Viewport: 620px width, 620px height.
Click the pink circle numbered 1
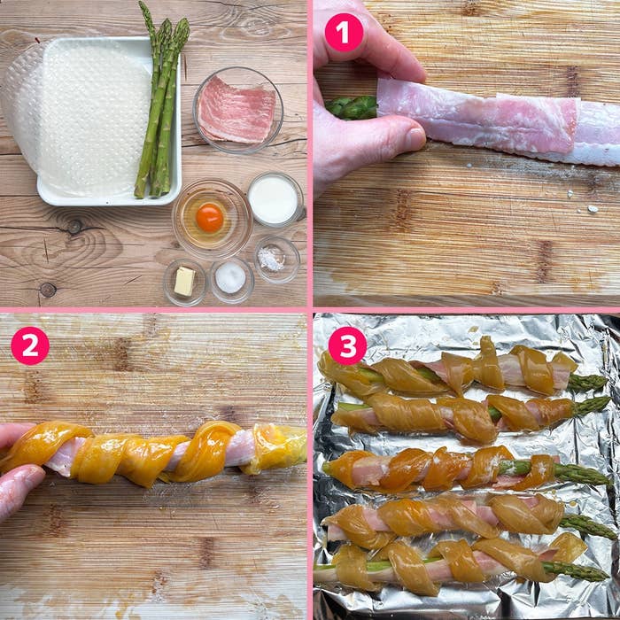[x=344, y=33]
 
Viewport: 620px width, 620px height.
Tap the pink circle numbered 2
[x=30, y=345]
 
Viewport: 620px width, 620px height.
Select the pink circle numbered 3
[x=347, y=345]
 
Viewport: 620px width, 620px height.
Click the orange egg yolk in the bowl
[x=210, y=218]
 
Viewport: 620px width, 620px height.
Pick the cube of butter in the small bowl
[x=184, y=281]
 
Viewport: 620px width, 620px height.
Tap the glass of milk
[x=274, y=199]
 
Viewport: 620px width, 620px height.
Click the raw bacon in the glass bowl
[x=236, y=109]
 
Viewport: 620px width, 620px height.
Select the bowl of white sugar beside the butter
[x=232, y=279]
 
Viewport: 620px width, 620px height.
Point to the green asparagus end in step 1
[x=351, y=107]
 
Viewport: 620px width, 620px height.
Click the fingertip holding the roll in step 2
[x=19, y=480]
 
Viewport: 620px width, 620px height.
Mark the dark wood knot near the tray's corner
[x=48, y=290]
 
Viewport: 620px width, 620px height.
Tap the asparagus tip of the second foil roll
[x=592, y=406]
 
